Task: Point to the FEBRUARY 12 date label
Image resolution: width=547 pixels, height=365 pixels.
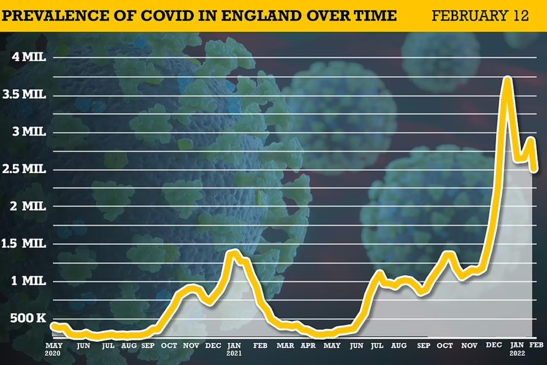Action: (480, 16)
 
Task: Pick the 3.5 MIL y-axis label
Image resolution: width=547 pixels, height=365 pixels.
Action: (24, 94)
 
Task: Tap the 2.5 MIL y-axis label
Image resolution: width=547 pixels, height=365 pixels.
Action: (24, 169)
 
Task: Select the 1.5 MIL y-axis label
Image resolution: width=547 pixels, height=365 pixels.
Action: (24, 244)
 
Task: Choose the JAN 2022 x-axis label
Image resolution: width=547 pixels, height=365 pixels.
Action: (517, 349)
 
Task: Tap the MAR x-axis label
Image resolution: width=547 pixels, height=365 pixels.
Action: (285, 345)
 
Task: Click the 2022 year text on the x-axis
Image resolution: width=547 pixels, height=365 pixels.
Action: (517, 353)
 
